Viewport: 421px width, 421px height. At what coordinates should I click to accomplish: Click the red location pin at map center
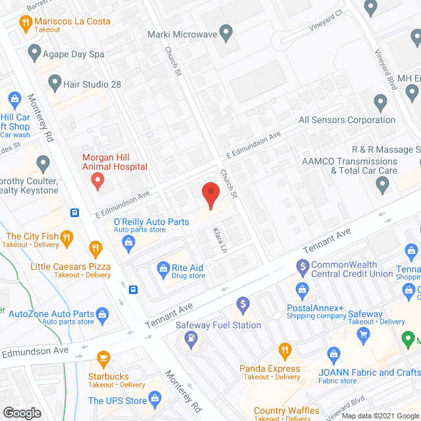[x=210, y=195]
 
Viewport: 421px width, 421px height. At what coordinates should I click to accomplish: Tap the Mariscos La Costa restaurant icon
[x=26, y=24]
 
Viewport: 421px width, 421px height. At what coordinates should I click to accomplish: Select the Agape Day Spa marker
[x=34, y=51]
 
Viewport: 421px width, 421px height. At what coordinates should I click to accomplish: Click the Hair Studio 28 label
[x=92, y=84]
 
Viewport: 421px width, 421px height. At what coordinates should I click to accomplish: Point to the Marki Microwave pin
[x=226, y=32]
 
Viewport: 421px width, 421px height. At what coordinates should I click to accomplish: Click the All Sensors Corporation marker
[x=380, y=103]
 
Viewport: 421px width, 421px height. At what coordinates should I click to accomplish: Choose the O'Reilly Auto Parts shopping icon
[x=129, y=243]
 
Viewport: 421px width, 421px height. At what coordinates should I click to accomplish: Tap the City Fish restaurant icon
[x=66, y=237]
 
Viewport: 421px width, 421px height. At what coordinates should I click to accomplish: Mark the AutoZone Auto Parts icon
[x=102, y=314]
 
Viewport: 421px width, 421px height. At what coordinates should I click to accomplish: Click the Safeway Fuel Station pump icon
[x=191, y=339]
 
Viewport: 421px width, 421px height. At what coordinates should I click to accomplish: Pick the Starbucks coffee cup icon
[x=103, y=359]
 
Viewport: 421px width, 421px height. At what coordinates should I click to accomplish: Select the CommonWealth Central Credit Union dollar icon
[x=303, y=266]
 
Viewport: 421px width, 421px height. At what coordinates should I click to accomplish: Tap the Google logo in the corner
[x=22, y=412]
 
